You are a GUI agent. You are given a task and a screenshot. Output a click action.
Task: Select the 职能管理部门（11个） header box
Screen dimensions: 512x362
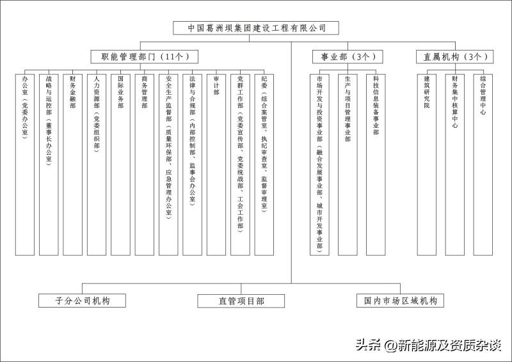click(144, 57)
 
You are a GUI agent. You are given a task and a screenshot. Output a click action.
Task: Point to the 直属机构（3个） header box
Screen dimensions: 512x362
click(455, 57)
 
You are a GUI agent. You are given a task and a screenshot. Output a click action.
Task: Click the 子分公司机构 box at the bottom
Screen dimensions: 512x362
click(83, 301)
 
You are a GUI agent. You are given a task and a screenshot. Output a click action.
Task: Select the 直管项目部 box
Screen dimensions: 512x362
click(231, 301)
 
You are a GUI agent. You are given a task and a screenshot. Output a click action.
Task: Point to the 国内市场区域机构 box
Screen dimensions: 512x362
click(400, 301)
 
